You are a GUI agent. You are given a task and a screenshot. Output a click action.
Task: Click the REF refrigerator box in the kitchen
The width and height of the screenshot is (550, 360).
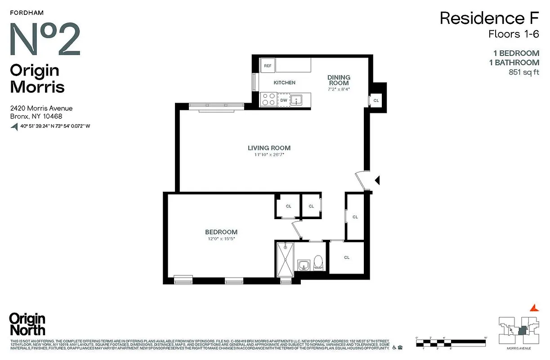point(268,66)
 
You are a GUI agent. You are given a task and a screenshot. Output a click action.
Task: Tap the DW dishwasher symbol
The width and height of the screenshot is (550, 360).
point(284,100)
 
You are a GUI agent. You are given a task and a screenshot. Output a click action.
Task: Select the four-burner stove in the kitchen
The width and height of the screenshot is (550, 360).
point(268,99)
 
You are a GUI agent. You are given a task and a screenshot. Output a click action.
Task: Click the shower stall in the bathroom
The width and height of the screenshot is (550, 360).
point(285,260)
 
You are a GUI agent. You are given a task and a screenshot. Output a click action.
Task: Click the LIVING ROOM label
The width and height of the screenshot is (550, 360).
point(269,148)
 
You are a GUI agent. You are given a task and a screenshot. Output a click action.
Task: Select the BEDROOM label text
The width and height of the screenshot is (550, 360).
point(221,232)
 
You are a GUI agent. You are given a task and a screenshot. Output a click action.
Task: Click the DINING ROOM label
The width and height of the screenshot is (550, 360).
point(339,80)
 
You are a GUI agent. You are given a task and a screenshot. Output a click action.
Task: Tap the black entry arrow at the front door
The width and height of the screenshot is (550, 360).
point(378,180)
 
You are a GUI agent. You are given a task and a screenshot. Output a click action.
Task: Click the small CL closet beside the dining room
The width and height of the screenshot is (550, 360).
point(376,100)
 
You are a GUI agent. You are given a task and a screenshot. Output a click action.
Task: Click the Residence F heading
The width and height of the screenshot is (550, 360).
point(489,18)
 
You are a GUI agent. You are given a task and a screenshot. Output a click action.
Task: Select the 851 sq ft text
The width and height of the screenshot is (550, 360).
point(523,72)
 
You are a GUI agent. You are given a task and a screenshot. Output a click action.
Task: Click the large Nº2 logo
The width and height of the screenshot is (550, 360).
point(45,39)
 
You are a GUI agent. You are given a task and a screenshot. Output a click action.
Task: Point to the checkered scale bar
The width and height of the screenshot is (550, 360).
point(452,343)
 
